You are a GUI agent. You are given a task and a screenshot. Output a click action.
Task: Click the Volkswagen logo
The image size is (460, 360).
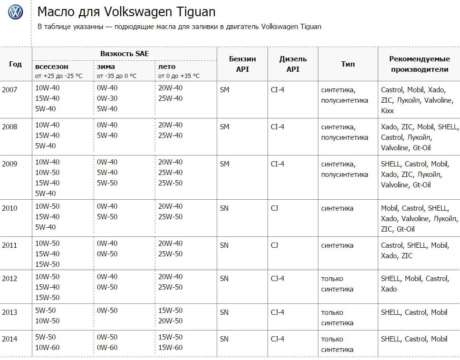(x=16, y=12)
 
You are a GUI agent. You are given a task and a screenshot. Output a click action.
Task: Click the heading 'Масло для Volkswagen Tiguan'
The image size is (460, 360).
(x=126, y=11)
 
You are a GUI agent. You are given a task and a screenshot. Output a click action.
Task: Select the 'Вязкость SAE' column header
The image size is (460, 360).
(x=125, y=54)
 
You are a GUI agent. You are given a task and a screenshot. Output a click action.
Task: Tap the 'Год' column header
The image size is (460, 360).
(x=15, y=64)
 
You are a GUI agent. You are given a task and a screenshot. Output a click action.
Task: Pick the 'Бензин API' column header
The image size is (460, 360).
(x=242, y=64)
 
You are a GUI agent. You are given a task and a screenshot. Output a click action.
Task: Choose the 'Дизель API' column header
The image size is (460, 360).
(x=293, y=64)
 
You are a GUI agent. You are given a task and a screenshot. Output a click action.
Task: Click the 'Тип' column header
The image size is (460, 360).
(x=348, y=64)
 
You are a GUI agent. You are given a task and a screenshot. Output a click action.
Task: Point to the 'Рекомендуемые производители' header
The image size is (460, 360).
(x=419, y=64)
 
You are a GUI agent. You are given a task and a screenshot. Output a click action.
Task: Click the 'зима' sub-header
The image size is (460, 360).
(x=105, y=67)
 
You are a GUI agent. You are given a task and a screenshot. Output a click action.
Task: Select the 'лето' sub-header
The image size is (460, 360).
(x=166, y=67)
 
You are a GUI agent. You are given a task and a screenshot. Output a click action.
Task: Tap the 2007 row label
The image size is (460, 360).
(x=10, y=89)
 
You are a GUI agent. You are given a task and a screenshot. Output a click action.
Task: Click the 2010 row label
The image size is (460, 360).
(x=10, y=208)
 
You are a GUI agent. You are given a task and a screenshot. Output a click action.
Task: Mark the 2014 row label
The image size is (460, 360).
(x=10, y=339)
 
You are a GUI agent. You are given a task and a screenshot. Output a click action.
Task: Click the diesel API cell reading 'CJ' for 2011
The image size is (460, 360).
(x=275, y=245)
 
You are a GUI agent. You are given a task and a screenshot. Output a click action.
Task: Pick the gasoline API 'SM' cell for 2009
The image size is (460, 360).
(x=225, y=164)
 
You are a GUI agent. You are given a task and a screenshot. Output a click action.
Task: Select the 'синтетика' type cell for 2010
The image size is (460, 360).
(x=337, y=208)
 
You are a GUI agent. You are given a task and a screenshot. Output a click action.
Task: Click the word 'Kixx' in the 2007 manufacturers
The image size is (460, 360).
(x=388, y=111)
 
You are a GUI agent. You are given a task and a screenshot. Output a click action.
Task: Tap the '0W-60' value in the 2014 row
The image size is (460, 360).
(x=107, y=348)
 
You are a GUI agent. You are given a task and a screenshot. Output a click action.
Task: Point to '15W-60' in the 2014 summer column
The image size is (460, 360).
(x=170, y=348)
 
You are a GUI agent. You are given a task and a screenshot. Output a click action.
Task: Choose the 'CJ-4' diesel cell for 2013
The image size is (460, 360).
(x=278, y=312)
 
